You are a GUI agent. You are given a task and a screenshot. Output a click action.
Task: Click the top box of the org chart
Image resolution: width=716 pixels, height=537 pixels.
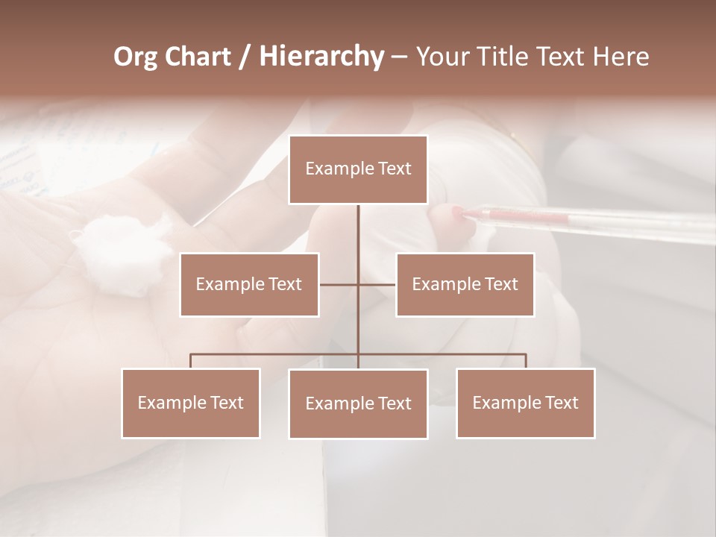358,169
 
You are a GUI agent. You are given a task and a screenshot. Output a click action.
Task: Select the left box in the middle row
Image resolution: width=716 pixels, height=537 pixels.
249,285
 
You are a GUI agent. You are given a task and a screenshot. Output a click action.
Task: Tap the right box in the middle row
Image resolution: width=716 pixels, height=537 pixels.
465,285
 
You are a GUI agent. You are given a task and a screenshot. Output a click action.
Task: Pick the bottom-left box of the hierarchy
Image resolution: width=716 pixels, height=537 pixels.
191,403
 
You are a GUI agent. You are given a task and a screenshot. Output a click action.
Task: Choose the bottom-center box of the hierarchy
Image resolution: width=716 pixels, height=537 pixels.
358,404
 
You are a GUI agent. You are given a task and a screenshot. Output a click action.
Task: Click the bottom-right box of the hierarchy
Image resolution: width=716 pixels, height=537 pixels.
525,403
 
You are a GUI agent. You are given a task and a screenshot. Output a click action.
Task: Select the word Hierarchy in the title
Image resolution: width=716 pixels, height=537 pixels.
321,57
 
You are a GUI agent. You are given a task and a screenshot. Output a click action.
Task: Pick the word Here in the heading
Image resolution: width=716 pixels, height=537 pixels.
621,57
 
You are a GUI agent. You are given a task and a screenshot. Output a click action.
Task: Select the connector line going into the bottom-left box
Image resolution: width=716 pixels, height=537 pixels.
191,361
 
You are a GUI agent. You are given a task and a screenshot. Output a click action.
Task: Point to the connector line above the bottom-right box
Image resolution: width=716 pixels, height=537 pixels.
525,361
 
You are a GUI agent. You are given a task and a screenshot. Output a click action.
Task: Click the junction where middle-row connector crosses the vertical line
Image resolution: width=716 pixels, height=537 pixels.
358,285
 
